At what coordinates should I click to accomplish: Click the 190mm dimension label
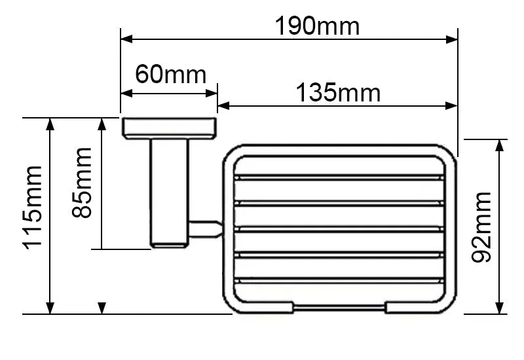pos(317,26)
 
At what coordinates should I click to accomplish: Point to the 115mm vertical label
pos(33,207)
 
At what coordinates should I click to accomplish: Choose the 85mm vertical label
pos(81,183)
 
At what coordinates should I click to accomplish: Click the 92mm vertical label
pos(481,227)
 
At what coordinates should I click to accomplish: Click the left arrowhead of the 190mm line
pos(126,39)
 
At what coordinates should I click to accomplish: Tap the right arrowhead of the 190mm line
pos(452,39)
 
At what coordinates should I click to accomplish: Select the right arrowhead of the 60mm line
pos(212,94)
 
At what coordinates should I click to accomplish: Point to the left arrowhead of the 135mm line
pos(223,106)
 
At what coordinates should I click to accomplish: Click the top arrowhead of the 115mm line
pos(50,124)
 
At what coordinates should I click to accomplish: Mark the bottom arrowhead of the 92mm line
pos(499,308)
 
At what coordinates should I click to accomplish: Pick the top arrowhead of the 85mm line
pos(102,124)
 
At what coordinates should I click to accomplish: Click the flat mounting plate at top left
pos(170,128)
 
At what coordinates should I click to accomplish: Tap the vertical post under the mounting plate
pos(170,193)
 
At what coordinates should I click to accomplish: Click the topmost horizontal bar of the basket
pos(339,177)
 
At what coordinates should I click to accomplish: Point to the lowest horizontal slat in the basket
pos(339,280)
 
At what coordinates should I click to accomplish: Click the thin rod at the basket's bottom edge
pos(339,307)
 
